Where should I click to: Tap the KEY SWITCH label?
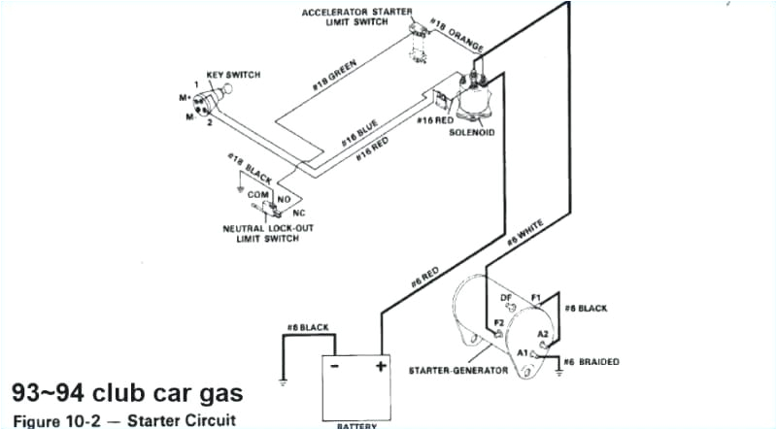point(233,74)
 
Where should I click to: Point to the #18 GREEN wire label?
point(333,76)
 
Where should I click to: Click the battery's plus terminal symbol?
point(381,366)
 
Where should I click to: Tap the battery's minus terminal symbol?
point(335,366)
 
